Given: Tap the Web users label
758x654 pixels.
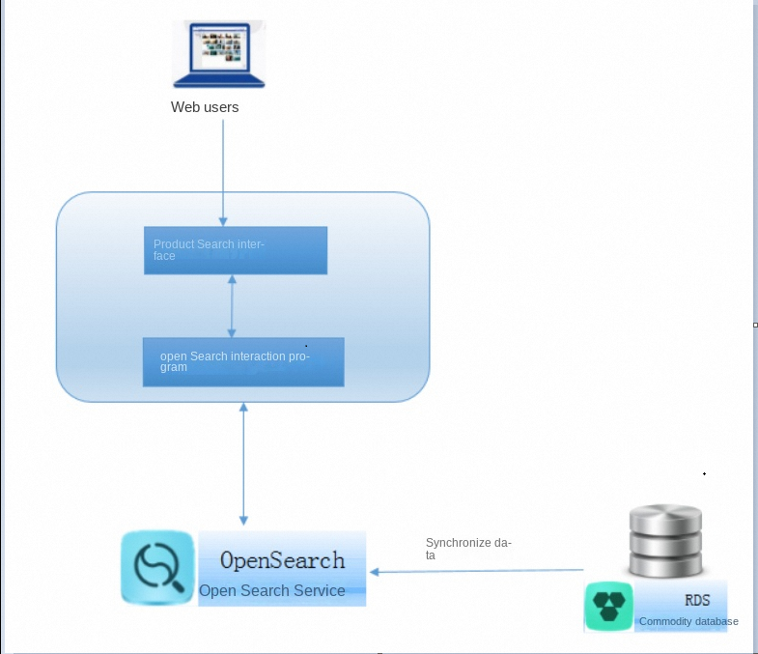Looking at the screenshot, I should click(205, 107).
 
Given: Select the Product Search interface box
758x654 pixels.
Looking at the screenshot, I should click(236, 250).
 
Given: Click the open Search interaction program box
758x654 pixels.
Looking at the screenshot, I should click(243, 362).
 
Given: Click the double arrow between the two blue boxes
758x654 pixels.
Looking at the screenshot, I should click(232, 306).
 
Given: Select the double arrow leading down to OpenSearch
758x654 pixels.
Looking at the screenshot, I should click(243, 464).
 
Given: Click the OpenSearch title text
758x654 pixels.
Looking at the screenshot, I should click(282, 560).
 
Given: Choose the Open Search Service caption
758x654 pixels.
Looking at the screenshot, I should click(272, 590).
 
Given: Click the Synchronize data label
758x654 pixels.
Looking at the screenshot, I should click(467, 549).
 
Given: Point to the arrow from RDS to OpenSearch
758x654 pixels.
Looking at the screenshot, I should click(477, 572).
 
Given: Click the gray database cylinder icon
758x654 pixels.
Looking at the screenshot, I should click(666, 541).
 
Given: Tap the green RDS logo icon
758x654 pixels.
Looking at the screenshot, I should click(609, 607).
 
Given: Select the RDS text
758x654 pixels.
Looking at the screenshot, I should click(697, 601).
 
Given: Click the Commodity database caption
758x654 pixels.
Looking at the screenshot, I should click(688, 621).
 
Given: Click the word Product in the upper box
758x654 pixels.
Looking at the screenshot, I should click(174, 244).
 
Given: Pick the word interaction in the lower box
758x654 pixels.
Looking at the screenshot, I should click(258, 356).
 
